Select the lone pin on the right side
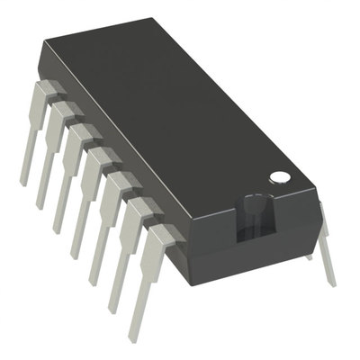[324, 243]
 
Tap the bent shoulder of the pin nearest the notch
[162, 236]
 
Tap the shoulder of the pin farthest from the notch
[50, 88]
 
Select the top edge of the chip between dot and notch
[261, 195]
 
